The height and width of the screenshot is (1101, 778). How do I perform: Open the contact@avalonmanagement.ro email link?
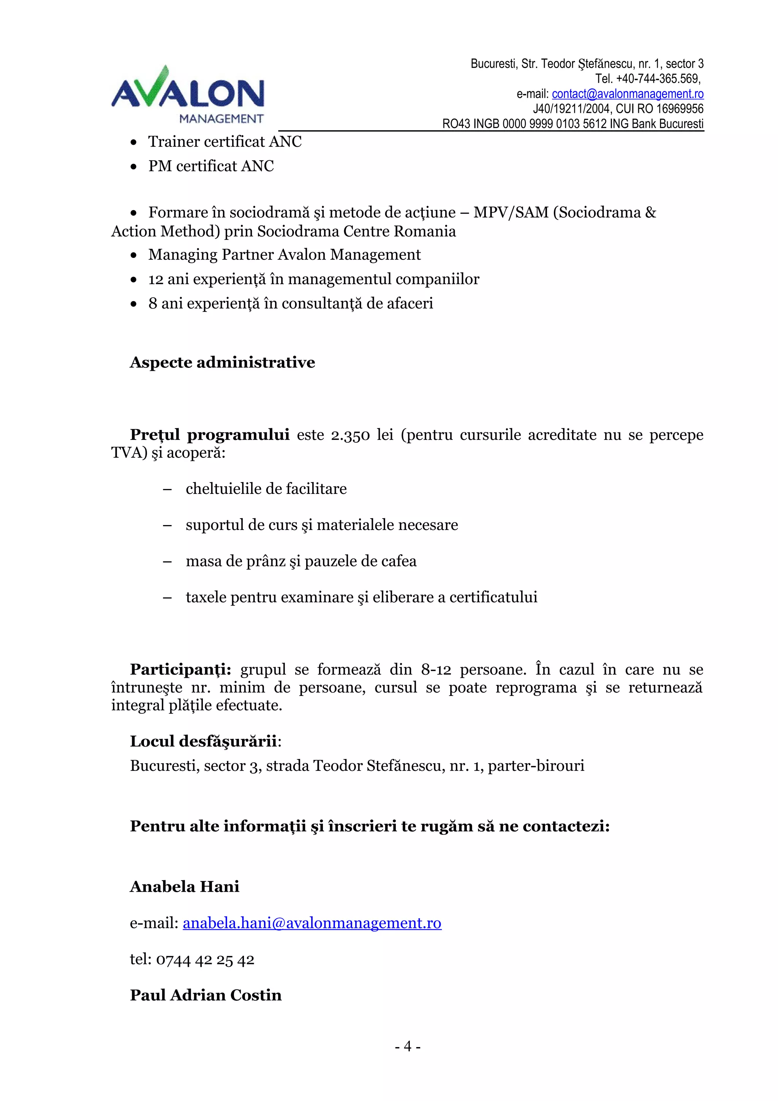[628, 93]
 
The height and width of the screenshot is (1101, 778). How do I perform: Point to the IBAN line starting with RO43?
[572, 124]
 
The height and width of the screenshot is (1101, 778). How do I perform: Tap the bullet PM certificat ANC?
[211, 166]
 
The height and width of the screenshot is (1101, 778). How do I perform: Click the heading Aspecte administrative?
[223, 362]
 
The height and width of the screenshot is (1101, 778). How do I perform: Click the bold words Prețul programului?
[209, 435]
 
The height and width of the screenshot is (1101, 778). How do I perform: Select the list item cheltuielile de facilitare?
[266, 489]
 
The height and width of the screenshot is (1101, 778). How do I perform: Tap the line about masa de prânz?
[301, 561]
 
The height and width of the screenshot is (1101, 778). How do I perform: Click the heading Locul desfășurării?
[204, 741]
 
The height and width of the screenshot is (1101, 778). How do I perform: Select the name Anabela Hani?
[185, 887]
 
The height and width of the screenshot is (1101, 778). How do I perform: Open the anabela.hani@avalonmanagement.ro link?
[312, 923]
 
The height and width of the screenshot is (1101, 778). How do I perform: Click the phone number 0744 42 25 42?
[205, 960]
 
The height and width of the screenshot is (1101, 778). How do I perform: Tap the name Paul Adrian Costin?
[206, 995]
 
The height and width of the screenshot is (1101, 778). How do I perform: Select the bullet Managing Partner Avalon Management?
[284, 255]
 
